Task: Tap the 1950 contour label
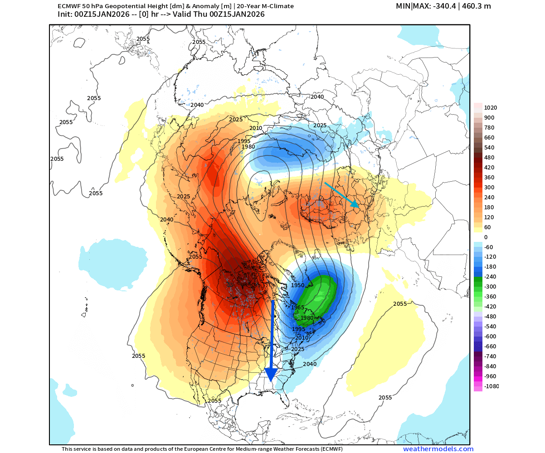pos(298,285)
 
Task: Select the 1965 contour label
pos(298,307)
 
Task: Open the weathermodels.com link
pos(438,449)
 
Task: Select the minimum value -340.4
pos(438,6)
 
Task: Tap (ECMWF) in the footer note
pos(329,449)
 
